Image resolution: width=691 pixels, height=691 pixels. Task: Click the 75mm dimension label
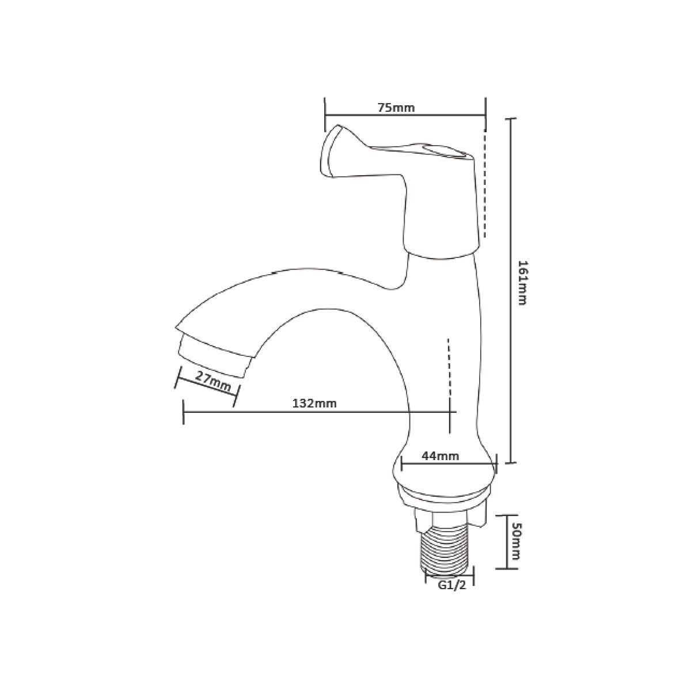[396, 108]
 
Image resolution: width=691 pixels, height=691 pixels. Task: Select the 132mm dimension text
[314, 404]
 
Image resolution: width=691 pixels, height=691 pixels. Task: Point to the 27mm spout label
[213, 381]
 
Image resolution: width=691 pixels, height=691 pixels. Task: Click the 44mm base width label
[440, 456]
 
